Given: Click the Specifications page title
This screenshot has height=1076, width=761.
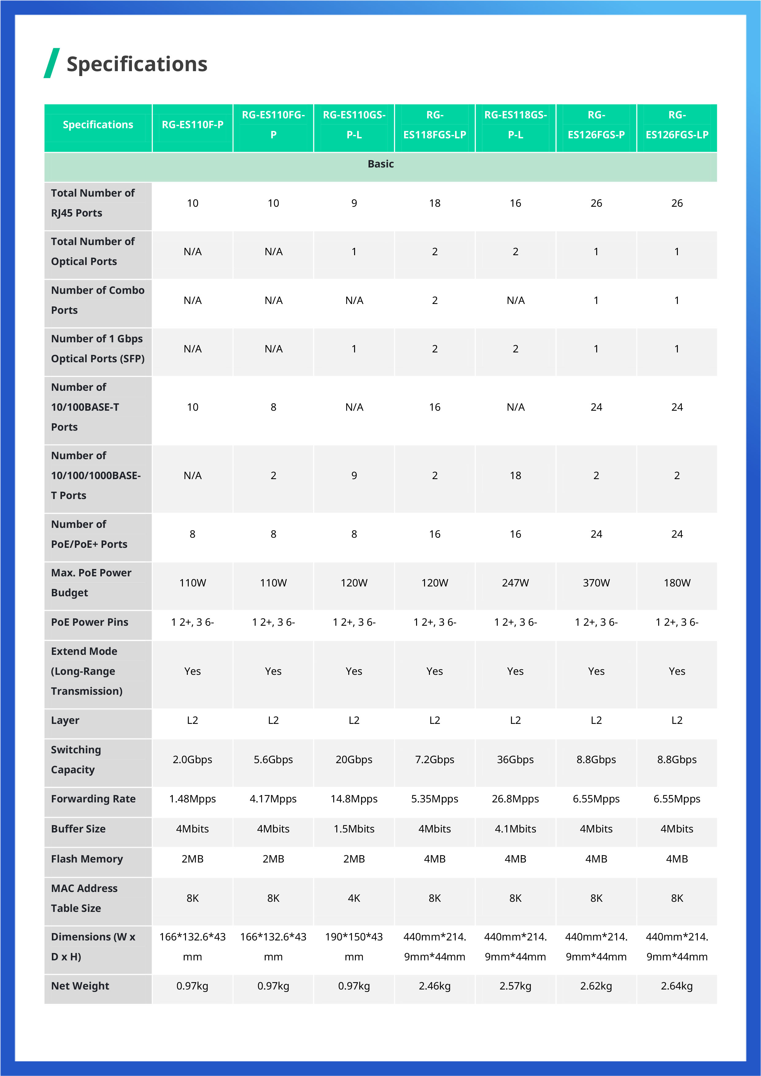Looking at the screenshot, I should pyautogui.click(x=137, y=64).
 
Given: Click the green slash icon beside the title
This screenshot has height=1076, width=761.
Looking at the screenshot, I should pyautogui.click(x=52, y=63).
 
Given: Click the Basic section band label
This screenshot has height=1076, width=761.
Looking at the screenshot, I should pyautogui.click(x=380, y=164).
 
